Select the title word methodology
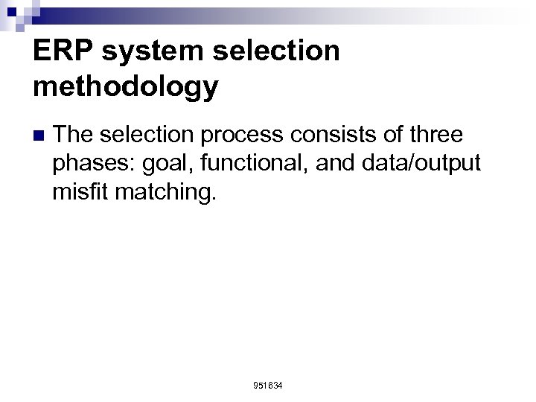coord(126,86)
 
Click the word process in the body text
coord(240,135)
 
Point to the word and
coord(334,165)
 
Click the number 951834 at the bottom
coord(268,386)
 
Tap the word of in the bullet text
coord(386,135)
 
